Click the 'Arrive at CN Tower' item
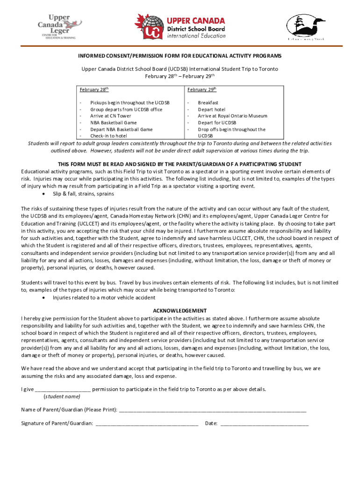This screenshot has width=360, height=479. [111, 116]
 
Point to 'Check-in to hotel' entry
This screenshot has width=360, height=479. [108, 136]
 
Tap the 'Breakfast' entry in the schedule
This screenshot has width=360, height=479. [208, 102]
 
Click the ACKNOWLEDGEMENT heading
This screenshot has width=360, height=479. [180, 311]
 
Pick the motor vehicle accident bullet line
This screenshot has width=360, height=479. [104, 298]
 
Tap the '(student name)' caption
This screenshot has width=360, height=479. [62, 397]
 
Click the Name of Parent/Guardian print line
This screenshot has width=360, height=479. [213, 410]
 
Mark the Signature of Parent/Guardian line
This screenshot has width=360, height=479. [146, 424]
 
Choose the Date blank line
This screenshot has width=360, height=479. [264, 424]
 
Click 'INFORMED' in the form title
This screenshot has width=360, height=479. [92, 56]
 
